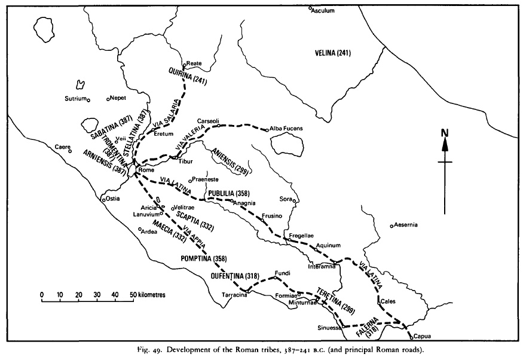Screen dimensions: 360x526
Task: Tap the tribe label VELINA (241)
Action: click(x=333, y=53)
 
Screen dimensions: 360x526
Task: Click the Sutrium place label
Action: click(x=75, y=99)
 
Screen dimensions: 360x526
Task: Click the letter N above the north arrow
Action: click(x=444, y=133)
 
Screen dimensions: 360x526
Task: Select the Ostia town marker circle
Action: click(x=103, y=199)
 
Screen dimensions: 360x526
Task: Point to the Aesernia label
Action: click(x=406, y=225)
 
